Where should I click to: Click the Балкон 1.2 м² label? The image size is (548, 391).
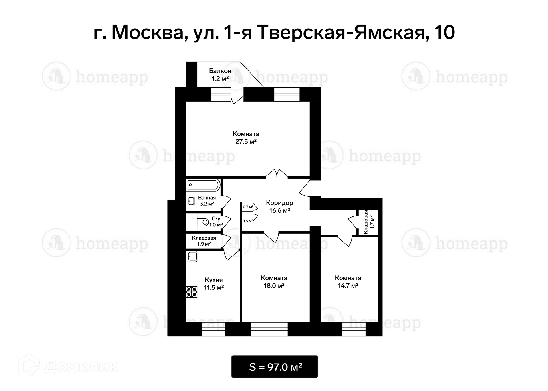coord(220,75)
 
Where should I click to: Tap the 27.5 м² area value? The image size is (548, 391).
coord(246,141)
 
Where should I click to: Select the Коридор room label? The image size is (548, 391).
coord(279,203)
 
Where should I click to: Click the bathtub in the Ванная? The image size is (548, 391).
coord(203,185)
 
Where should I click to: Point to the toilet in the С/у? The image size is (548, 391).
coord(203,222)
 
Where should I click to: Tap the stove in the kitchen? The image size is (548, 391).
coord(192,292)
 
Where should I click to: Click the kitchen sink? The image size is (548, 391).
coord(192,256)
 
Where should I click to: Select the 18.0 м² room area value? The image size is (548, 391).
coord(274,286)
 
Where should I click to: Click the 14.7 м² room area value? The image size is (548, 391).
coord(348,286)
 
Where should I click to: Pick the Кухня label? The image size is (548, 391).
coord(214,280)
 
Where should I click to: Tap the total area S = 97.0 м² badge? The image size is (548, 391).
coord(275,367)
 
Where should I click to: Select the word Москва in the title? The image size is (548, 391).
coord(147,32)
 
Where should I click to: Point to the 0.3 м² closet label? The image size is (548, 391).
coord(248,207)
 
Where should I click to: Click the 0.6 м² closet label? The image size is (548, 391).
coord(247,221)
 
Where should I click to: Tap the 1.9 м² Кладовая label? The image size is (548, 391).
coord(204,244)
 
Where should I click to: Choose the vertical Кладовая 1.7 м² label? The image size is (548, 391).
coord(368,222)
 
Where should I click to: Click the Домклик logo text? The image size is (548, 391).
coord(81,367)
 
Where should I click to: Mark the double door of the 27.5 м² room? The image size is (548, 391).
coord(277,173)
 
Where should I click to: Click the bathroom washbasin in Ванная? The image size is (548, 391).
coord(191,201)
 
